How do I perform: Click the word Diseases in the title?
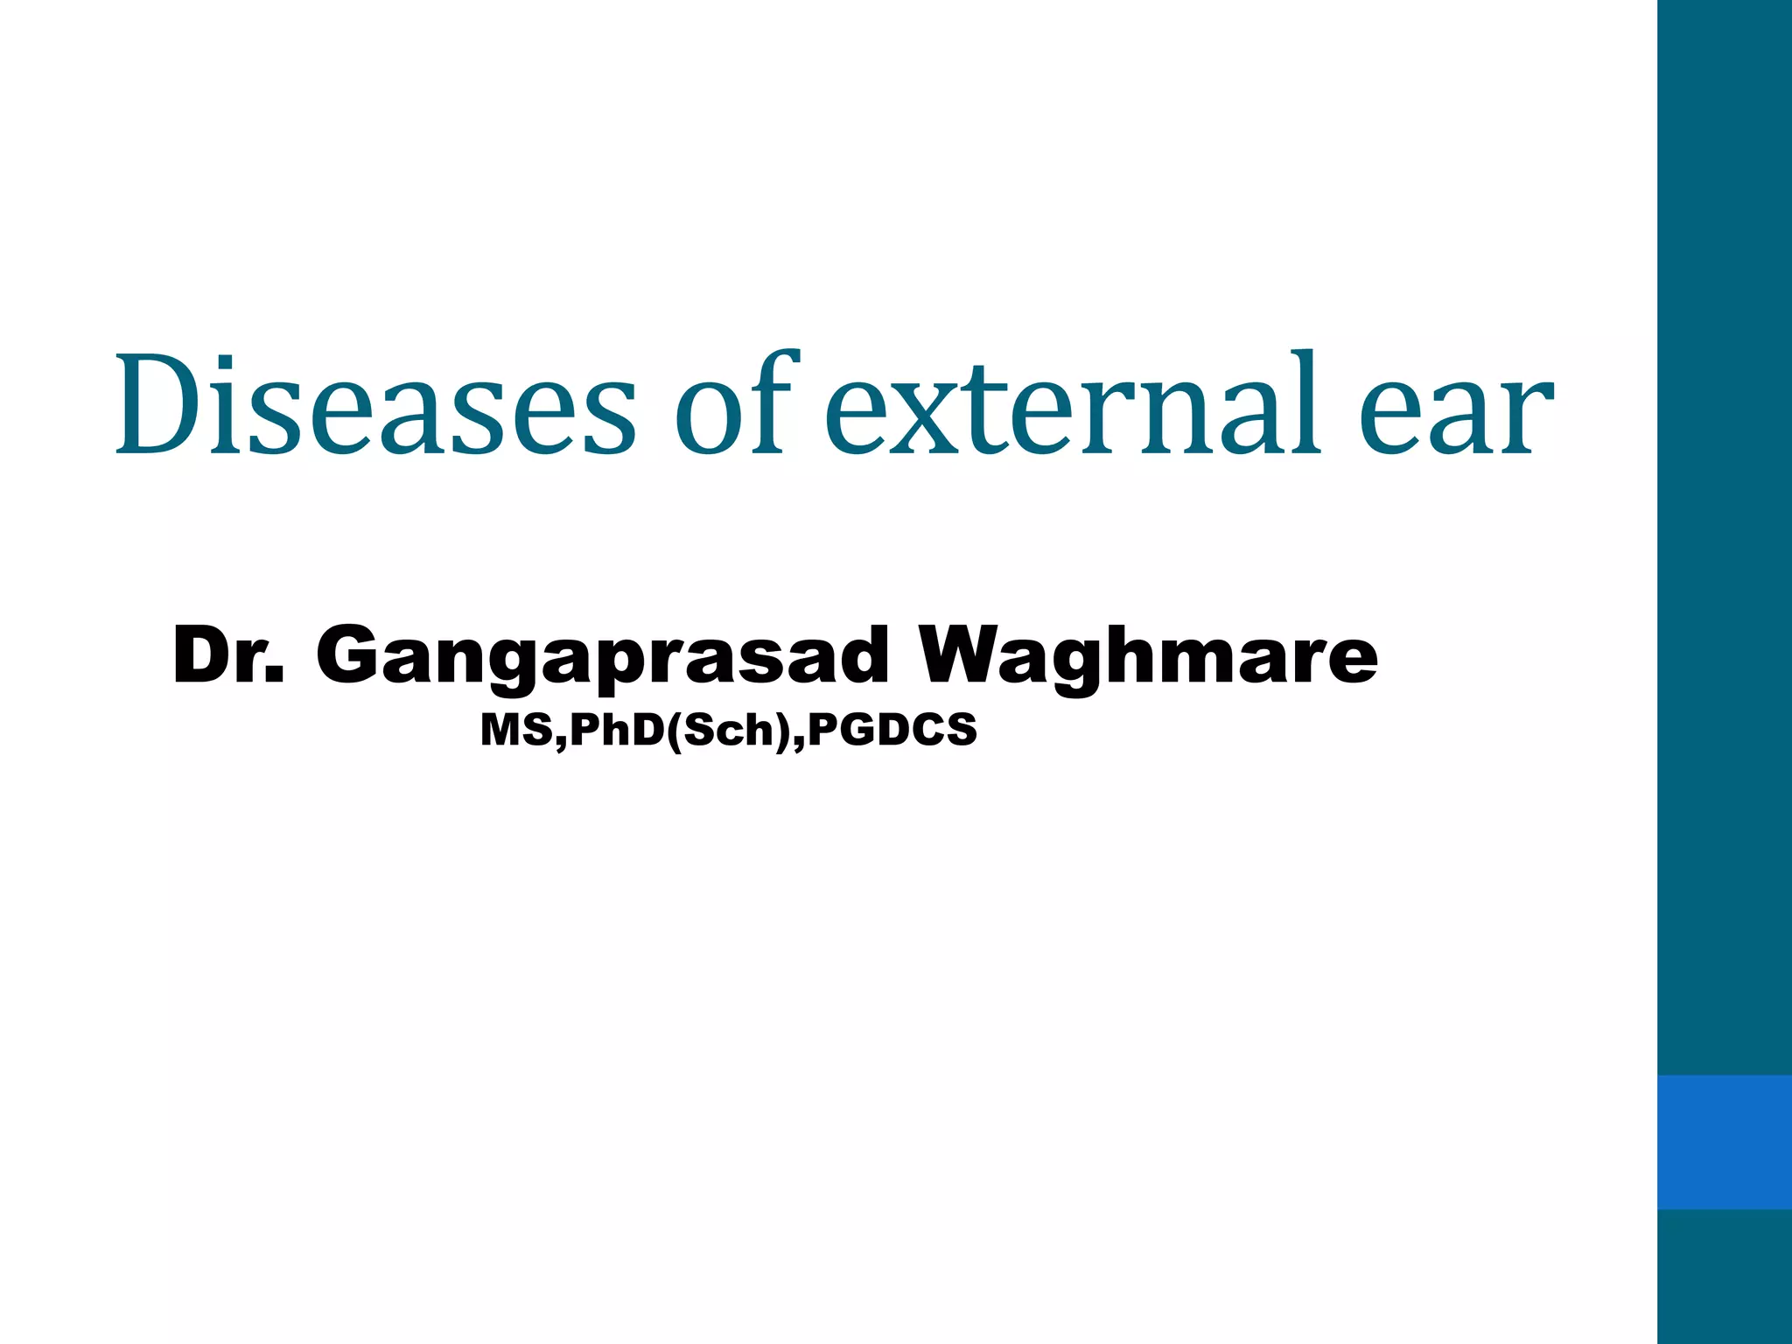(376, 404)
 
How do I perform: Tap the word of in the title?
(737, 404)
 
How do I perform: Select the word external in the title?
(1073, 404)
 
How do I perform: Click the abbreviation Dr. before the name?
(229, 656)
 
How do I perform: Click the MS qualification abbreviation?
(516, 730)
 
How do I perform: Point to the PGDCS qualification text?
(892, 730)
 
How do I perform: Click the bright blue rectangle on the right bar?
(1724, 1142)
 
